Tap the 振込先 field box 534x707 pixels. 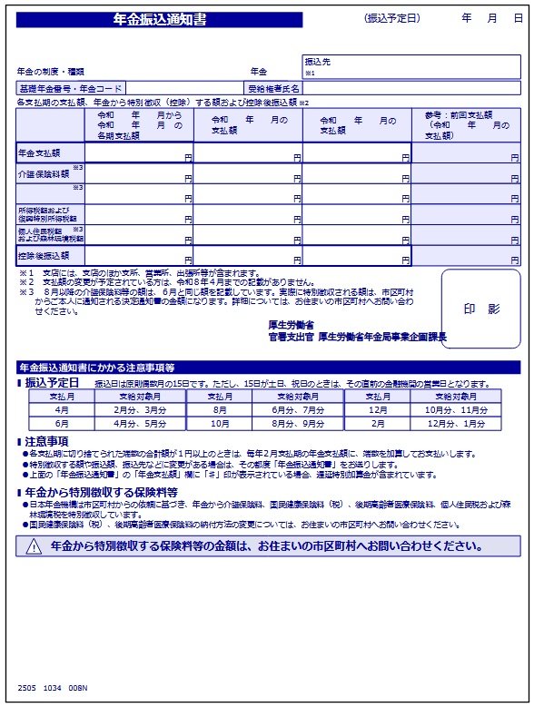pyautogui.click(x=414, y=67)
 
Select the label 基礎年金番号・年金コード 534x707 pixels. pyautogui.click(x=70, y=89)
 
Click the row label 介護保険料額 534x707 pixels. pyautogui.click(x=44, y=173)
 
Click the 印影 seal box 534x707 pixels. pyautogui.click(x=481, y=309)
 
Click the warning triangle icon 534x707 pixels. pyautogui.click(x=34, y=546)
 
